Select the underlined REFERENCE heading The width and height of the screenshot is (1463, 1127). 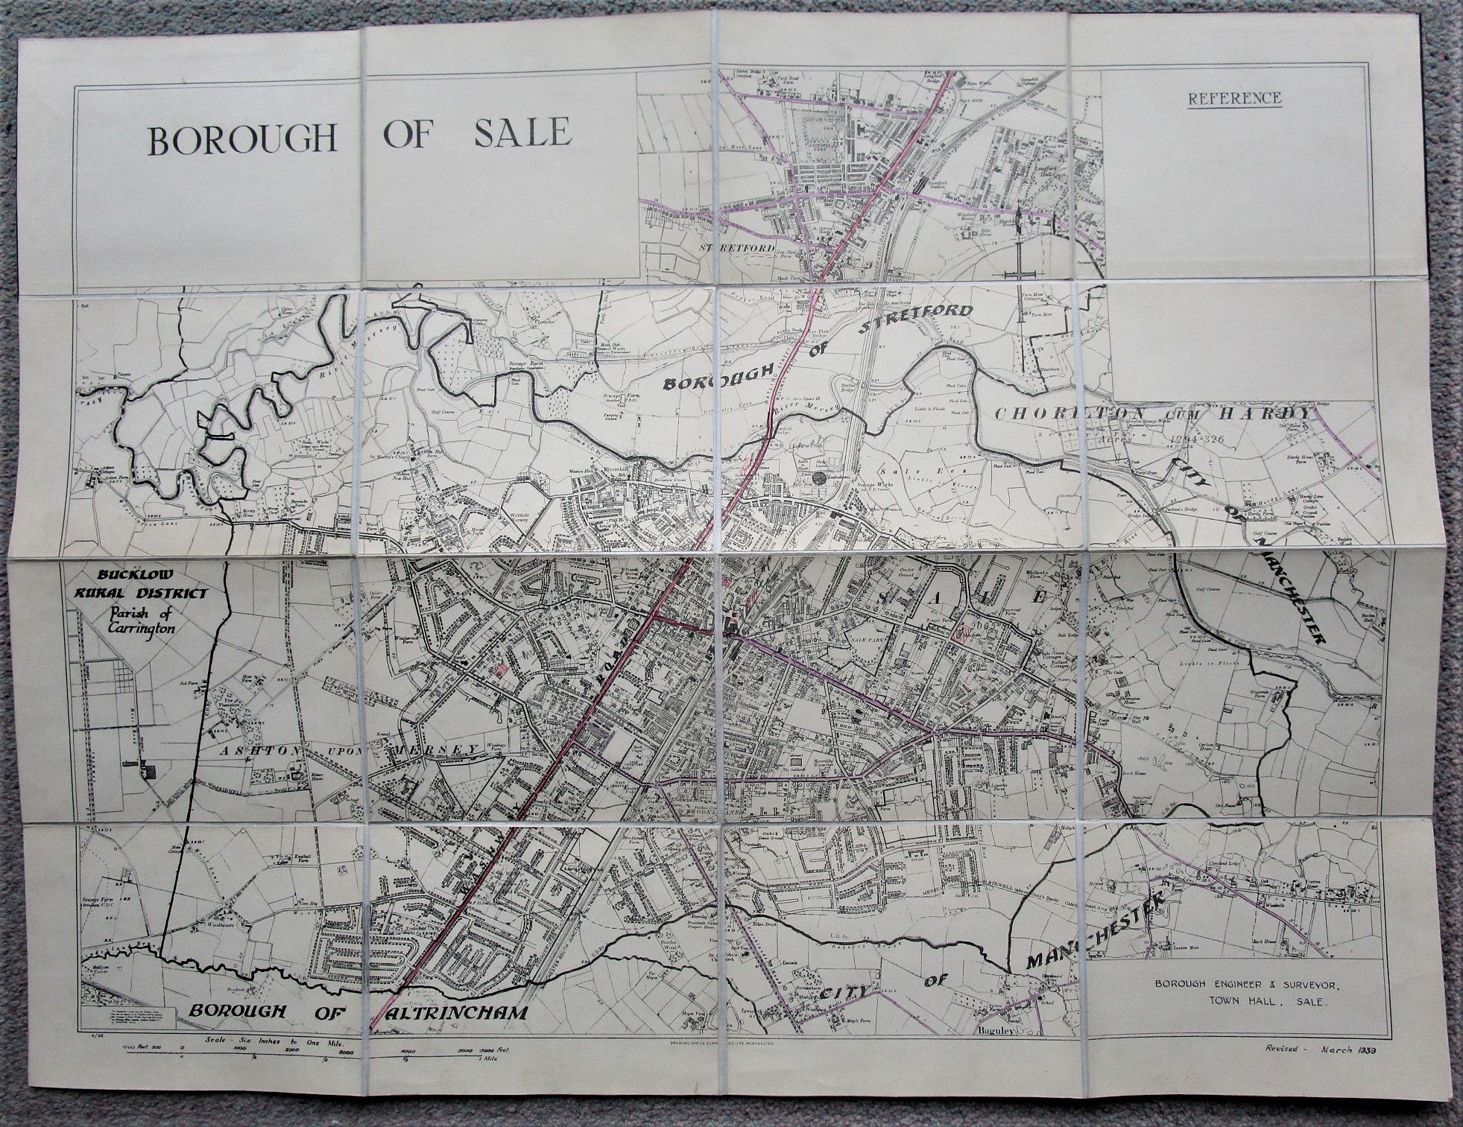pos(1234,98)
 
